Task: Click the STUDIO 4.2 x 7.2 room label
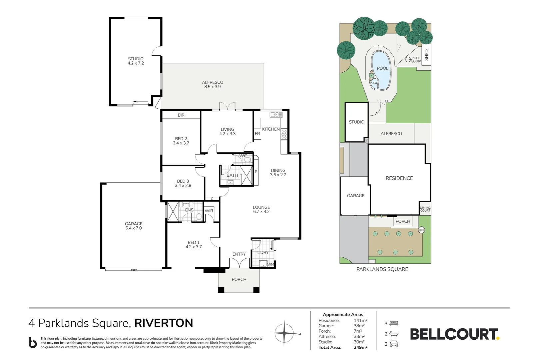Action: [136, 61]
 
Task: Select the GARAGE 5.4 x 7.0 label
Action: [134, 226]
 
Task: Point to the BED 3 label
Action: [183, 181]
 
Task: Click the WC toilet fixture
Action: [247, 160]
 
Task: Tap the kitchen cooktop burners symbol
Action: [284, 134]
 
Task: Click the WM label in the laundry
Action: [270, 265]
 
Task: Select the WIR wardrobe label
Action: [209, 211]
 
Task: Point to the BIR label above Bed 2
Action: [181, 115]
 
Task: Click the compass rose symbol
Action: [284, 333]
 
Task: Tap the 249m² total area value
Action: [360, 347]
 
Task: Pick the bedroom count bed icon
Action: [394, 324]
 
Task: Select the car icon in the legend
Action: [394, 344]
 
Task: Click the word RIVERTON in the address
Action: [164, 323]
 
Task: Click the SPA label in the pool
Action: [374, 83]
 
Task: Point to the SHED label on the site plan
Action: [426, 55]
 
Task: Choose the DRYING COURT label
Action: [425, 209]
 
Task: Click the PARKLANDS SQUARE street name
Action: [382, 269]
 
